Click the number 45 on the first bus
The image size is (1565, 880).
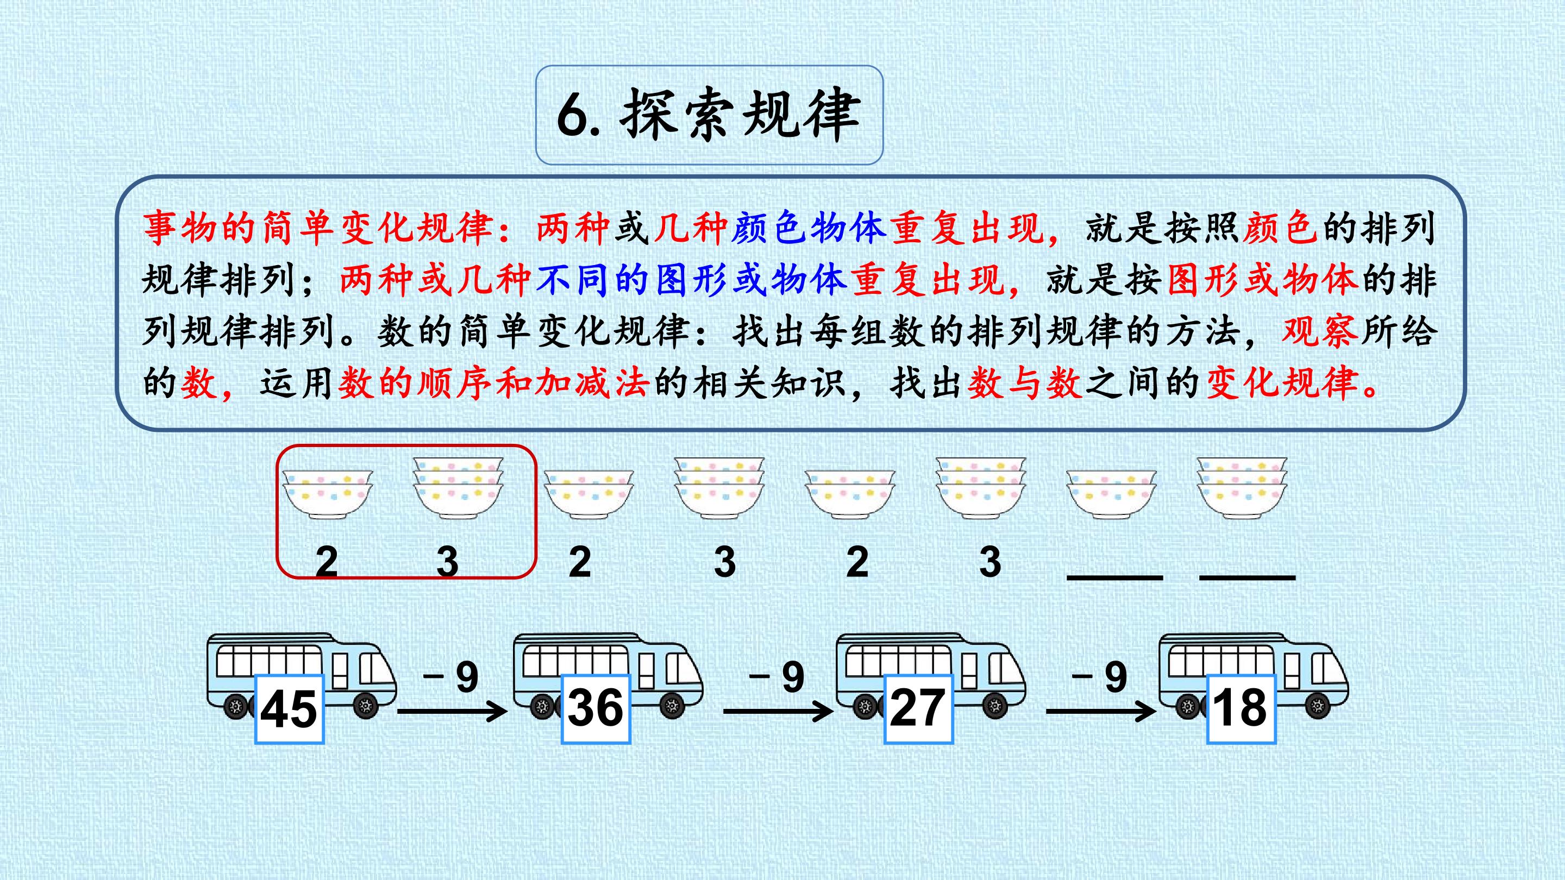click(289, 709)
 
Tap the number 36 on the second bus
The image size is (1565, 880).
click(596, 707)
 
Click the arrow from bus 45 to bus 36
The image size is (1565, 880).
click(452, 711)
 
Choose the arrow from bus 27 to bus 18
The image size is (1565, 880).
click(1101, 711)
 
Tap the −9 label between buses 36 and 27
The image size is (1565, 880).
click(777, 676)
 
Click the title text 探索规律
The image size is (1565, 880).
click(740, 115)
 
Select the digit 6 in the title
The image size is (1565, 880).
click(573, 115)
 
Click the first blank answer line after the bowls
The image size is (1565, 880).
click(1115, 576)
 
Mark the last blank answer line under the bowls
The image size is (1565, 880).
click(1247, 576)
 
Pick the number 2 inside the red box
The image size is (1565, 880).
click(327, 562)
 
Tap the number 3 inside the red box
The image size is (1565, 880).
click(448, 562)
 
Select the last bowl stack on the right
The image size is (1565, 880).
click(1242, 488)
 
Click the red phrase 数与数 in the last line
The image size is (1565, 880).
click(1025, 383)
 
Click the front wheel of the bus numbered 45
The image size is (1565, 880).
click(366, 706)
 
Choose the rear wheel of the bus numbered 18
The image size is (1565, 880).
click(1188, 706)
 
